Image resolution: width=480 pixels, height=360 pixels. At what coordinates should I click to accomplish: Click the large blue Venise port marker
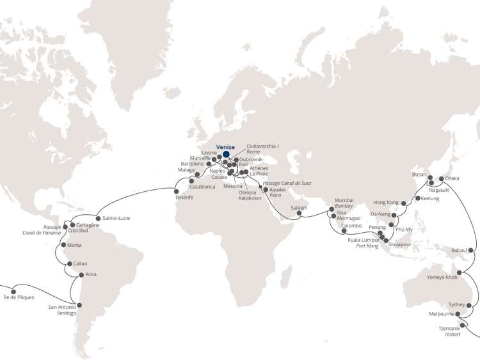click(x=226, y=154)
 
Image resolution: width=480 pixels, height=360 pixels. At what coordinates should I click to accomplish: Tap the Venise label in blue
click(x=226, y=146)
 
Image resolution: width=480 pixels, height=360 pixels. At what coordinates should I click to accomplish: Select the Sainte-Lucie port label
click(x=116, y=218)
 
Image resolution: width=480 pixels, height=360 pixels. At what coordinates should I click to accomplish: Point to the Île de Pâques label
click(x=19, y=297)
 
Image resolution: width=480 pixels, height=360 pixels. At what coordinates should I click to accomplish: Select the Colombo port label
click(x=351, y=226)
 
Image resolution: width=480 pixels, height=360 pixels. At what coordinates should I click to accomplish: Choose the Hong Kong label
click(x=385, y=202)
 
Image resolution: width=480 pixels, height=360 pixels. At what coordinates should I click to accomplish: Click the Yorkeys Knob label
click(x=441, y=277)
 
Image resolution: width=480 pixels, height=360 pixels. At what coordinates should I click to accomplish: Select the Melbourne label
click(x=442, y=314)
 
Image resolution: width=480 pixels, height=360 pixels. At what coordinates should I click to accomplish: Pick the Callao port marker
click(x=66, y=263)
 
